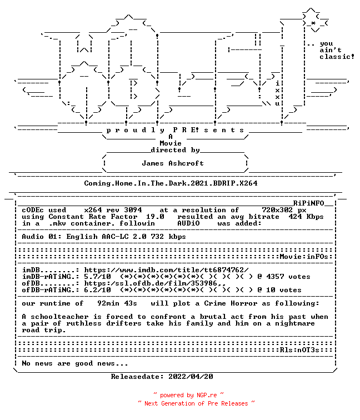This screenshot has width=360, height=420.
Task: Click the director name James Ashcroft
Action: tap(173, 163)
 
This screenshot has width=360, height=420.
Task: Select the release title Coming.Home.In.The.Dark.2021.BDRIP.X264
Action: tap(171, 183)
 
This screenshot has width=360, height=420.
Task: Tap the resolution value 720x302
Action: tap(277, 210)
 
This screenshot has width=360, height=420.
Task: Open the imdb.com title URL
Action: tap(166, 270)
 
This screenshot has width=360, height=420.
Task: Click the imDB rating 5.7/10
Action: tap(98, 277)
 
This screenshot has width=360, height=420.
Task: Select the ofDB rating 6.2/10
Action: tap(98, 290)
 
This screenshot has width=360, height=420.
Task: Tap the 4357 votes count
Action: tap(288, 277)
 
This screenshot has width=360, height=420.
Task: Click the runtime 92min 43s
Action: tap(117, 303)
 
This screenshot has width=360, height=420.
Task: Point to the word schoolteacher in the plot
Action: tap(59, 317)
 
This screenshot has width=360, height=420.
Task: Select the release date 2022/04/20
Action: tap(191, 377)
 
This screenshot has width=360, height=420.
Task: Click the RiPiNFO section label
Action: tap(308, 203)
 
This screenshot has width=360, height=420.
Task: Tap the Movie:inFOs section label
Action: tap(304, 257)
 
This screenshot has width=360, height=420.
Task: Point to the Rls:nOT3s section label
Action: tap(300, 350)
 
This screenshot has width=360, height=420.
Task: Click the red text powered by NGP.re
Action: tap(188, 395)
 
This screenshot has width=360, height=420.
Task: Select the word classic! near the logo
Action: tap(337, 57)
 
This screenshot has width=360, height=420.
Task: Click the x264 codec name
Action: tap(93, 210)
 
